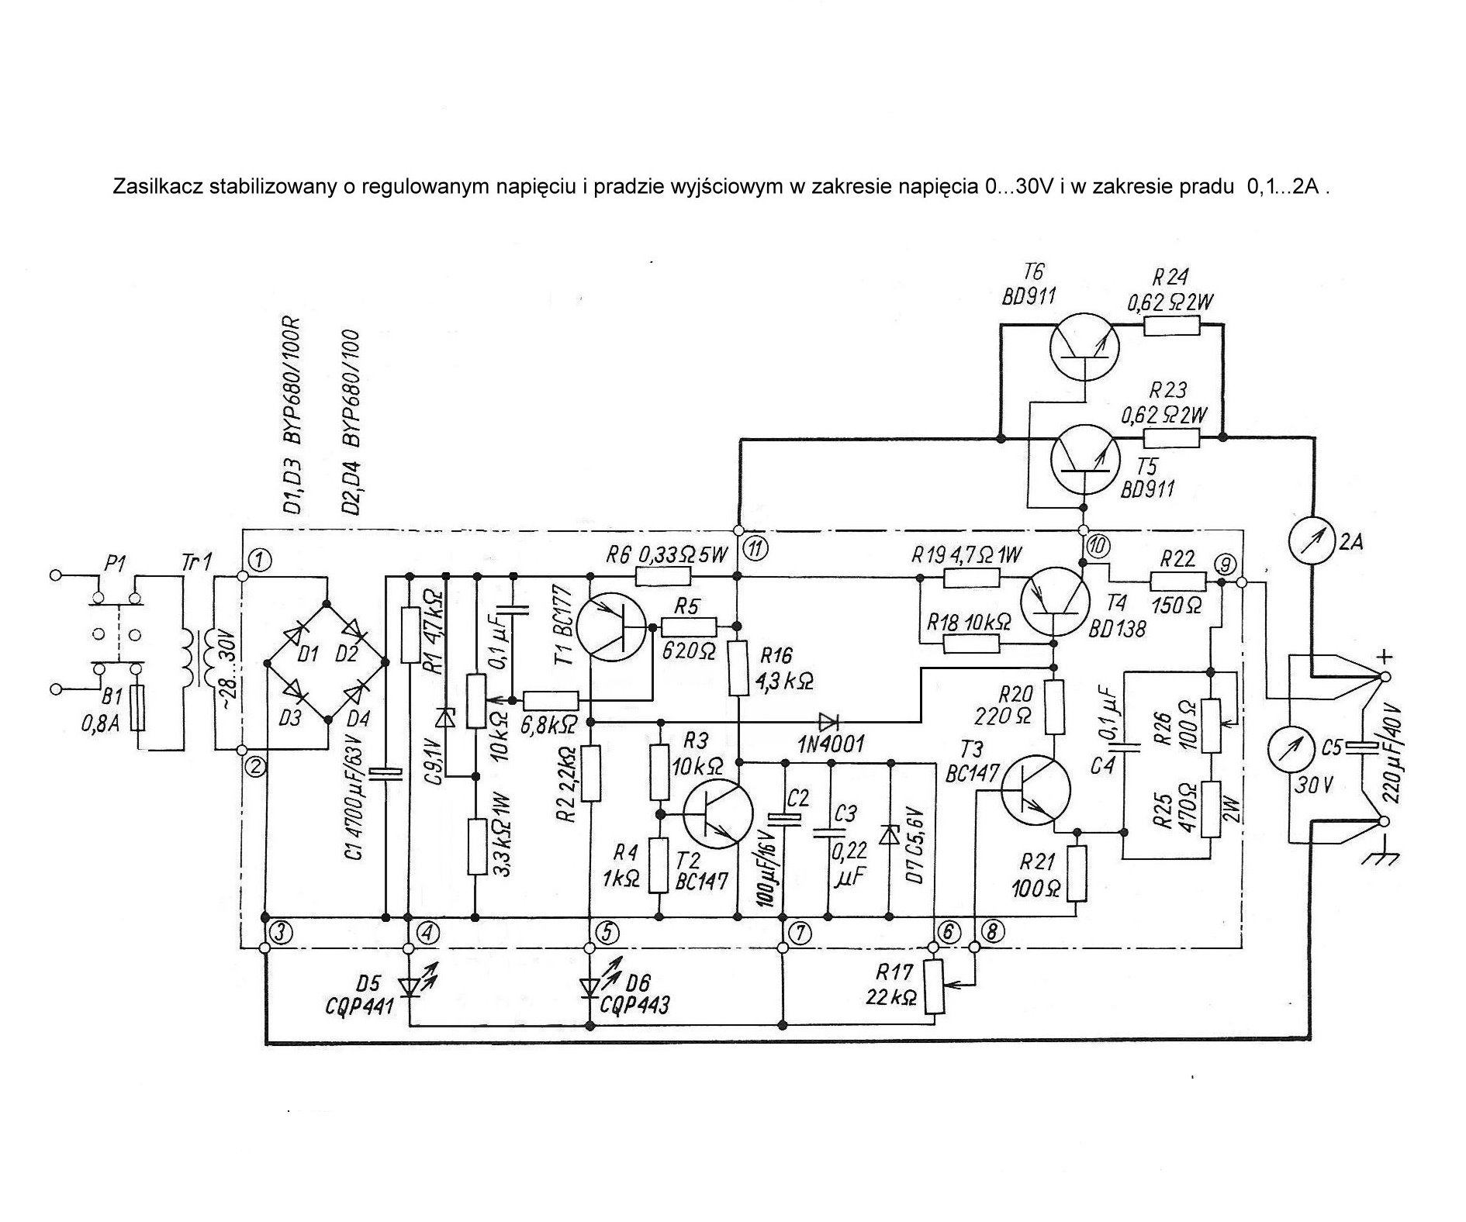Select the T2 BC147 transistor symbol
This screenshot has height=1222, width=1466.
click(x=717, y=815)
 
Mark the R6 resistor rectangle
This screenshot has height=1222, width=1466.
click(x=662, y=576)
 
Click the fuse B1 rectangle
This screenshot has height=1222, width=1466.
click(x=138, y=708)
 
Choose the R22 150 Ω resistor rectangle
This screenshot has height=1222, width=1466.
click(x=1177, y=582)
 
